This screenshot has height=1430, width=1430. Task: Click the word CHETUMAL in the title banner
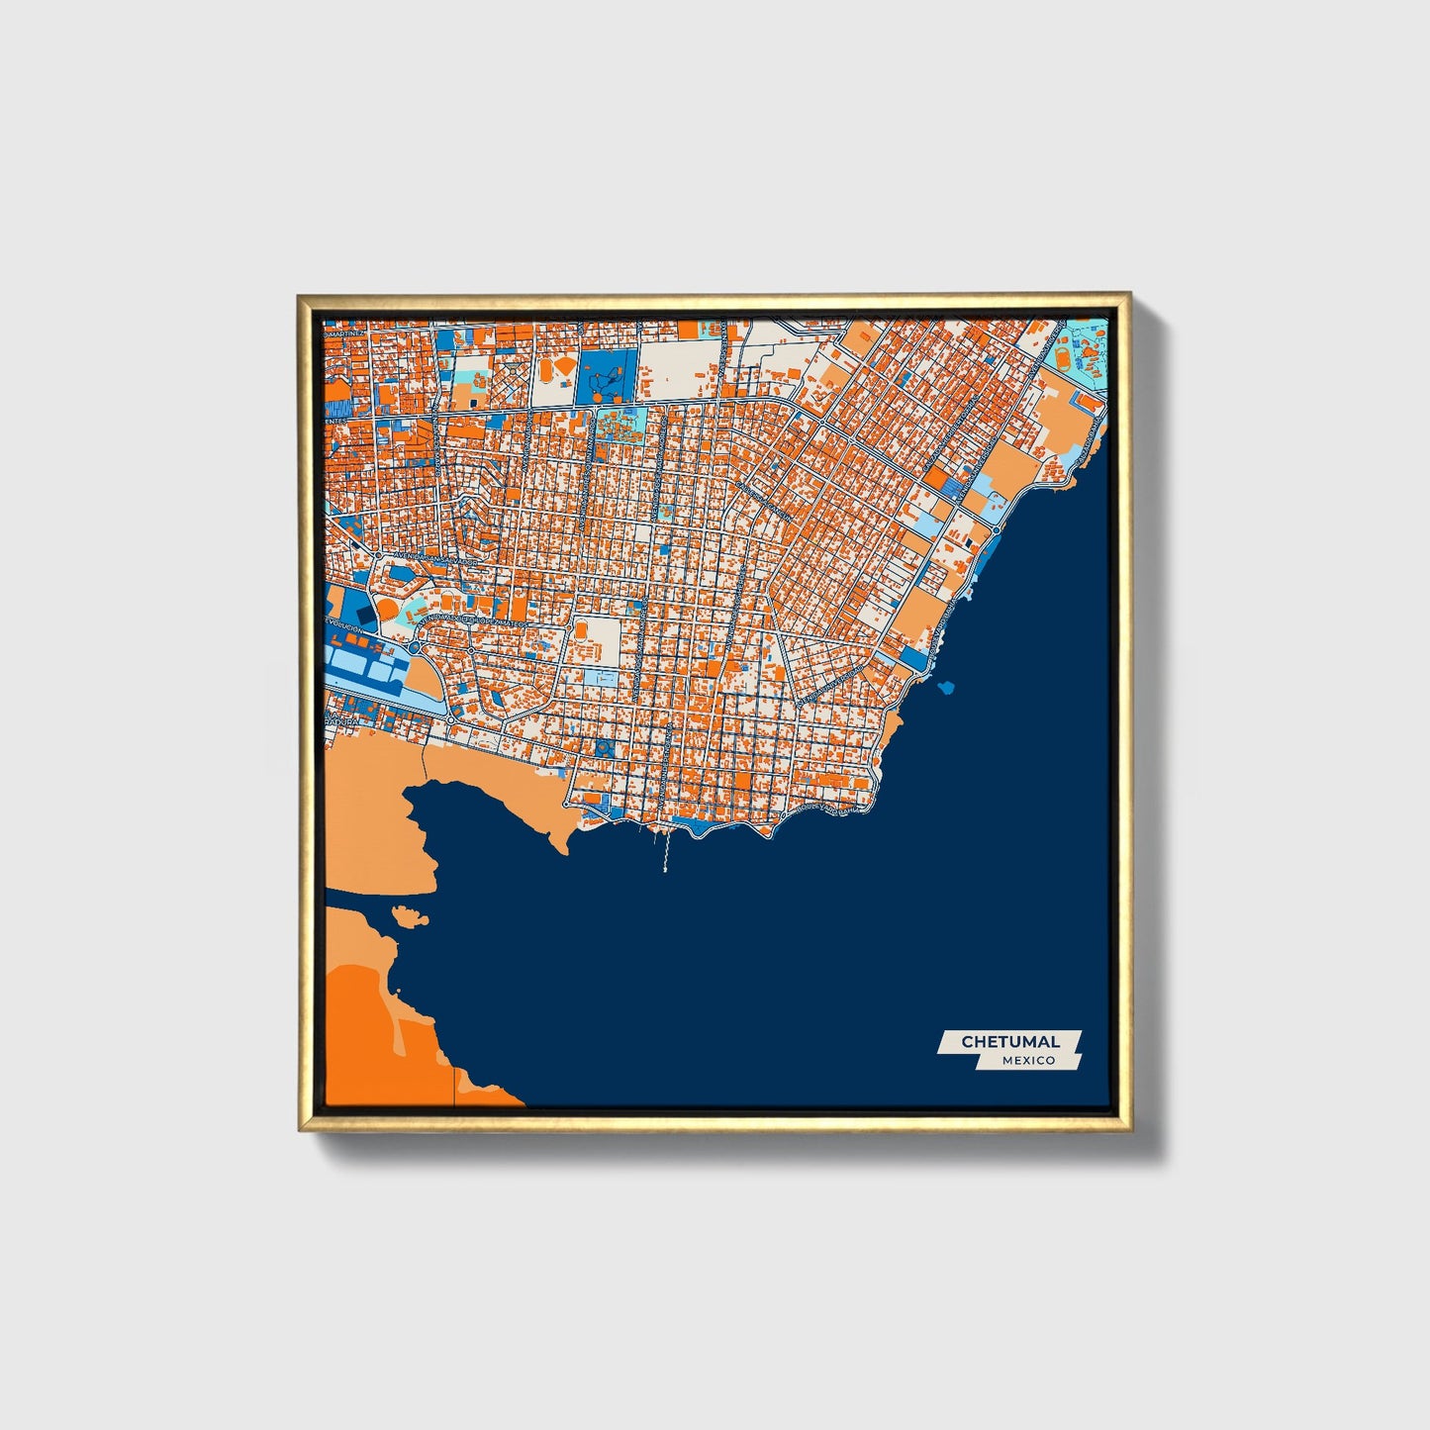1010,1041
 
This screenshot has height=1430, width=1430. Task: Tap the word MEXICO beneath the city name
1027,1060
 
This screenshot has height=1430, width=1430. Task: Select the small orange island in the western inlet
408,914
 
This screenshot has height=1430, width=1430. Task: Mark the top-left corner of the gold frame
300,296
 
